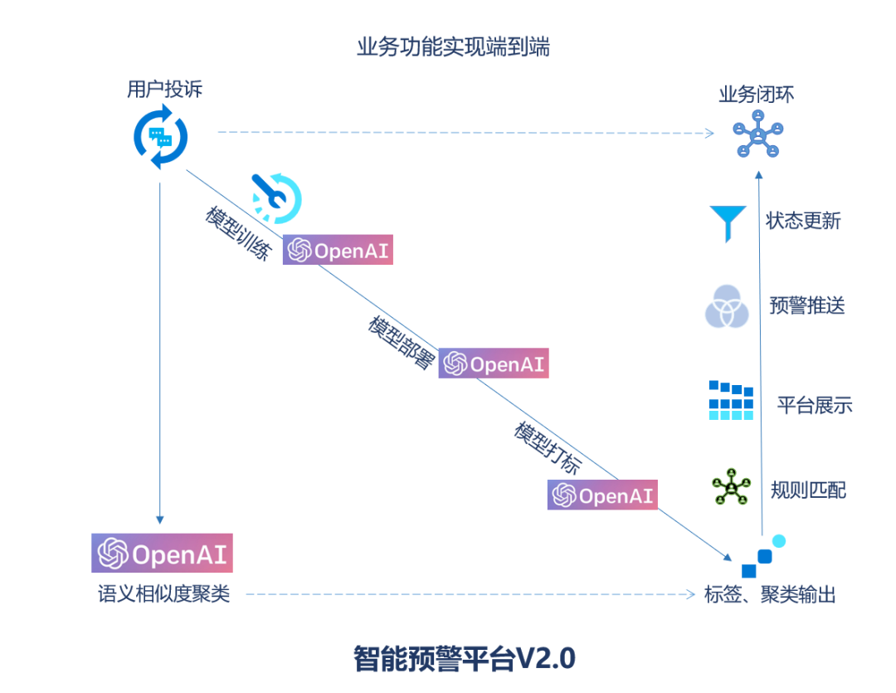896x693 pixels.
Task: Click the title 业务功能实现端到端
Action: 453,47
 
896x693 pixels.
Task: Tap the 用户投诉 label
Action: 164,90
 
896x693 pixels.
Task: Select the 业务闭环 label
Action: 756,95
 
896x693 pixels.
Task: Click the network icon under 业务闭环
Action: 757,134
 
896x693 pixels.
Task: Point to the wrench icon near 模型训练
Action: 276,198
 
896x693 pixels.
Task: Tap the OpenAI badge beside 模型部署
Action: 494,364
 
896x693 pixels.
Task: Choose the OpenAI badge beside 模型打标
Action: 602,495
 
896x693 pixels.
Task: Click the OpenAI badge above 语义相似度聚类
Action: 162,554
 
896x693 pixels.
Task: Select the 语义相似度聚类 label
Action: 163,594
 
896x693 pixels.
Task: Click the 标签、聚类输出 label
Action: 770,594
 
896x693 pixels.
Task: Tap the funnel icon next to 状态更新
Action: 728,222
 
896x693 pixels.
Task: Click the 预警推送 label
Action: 806,305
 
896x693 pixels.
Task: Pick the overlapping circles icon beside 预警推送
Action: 727,306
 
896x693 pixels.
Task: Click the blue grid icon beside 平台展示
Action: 731,401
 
